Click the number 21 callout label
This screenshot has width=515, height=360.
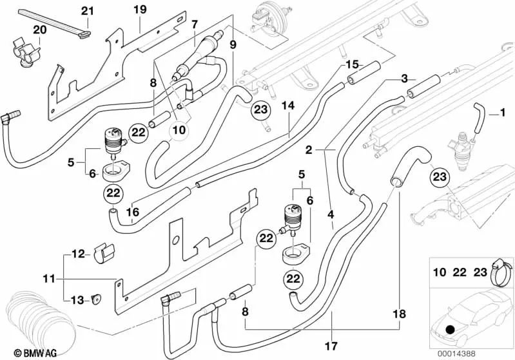click(x=86, y=10)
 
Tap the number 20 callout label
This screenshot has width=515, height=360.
click(x=39, y=30)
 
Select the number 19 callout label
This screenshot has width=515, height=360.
click(x=140, y=9)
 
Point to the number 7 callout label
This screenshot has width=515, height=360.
click(x=193, y=24)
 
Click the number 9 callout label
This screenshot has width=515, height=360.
click(x=233, y=44)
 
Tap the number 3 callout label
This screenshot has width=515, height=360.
click(x=404, y=79)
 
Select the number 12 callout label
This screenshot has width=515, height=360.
click(x=77, y=254)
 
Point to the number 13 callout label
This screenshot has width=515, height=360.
click(x=77, y=300)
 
